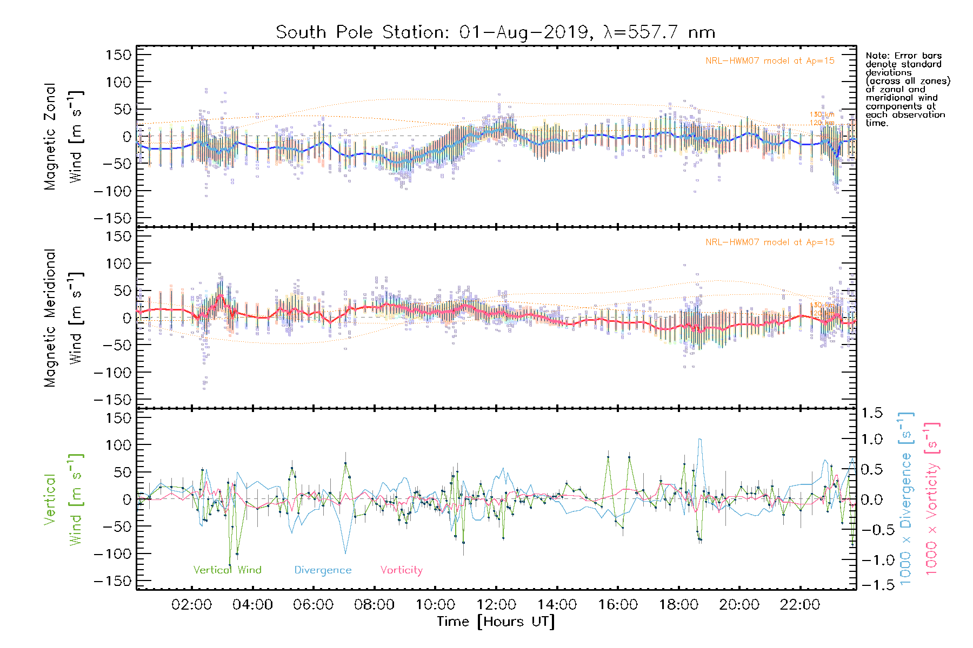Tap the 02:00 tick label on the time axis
click(x=191, y=605)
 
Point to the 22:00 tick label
click(x=800, y=605)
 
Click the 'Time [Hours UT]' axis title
click(x=496, y=622)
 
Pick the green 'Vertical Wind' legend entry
click(x=227, y=570)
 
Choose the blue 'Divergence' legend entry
click(x=323, y=570)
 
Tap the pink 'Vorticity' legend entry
click(x=401, y=570)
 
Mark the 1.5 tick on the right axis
click(x=871, y=413)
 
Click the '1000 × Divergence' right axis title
click(x=906, y=499)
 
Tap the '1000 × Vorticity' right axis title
click(x=931, y=499)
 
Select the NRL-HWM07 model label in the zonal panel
click(x=770, y=61)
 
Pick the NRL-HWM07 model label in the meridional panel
click(x=770, y=242)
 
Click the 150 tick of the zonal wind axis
click(x=118, y=55)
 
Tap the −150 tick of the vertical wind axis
click(x=113, y=581)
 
